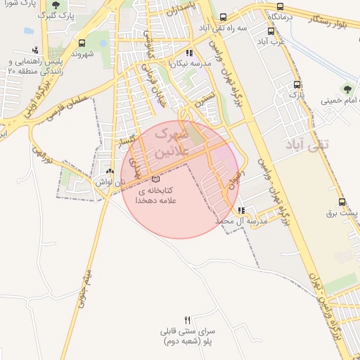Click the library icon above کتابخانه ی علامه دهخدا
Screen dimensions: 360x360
pos(155,179)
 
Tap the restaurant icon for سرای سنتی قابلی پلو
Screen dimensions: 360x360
pos(186,319)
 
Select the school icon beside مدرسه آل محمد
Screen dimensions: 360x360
pos(241,210)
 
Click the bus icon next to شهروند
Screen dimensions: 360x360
pos(82,43)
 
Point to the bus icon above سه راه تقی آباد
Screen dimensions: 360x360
pos(223,17)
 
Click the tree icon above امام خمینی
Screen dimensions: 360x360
pos(346,89)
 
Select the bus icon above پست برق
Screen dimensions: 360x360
pos(342,198)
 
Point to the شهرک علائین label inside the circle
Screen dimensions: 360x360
pos(172,141)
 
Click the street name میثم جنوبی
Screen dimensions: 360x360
pos(87,271)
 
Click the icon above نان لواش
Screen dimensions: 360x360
pos(109,171)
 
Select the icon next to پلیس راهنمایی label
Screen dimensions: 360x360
pos(35,50)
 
